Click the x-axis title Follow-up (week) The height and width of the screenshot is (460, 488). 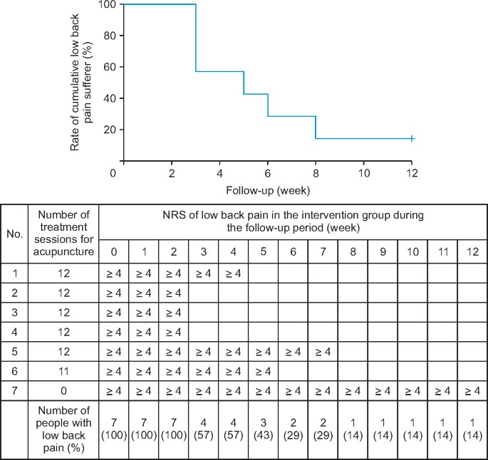pyautogui.click(x=267, y=190)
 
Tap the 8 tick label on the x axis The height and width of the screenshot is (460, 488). pyautogui.click(x=316, y=173)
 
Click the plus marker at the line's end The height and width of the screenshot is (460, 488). pyautogui.click(x=412, y=138)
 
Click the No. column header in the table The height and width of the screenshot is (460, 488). pyautogui.click(x=14, y=232)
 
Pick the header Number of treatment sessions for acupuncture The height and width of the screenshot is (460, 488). pyautogui.click(x=63, y=233)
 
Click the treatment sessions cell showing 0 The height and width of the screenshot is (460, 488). pyautogui.click(x=63, y=391)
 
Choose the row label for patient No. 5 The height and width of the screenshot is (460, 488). pyautogui.click(x=14, y=352)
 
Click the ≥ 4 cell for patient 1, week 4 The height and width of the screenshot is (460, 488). pyautogui.click(x=234, y=273)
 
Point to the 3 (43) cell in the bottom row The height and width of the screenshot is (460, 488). pyautogui.click(x=263, y=430)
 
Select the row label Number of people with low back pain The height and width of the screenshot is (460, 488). pyautogui.click(x=63, y=429)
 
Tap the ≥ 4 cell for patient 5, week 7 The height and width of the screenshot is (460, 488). pyautogui.click(x=323, y=352)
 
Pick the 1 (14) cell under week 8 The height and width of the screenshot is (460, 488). pyautogui.click(x=353, y=430)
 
